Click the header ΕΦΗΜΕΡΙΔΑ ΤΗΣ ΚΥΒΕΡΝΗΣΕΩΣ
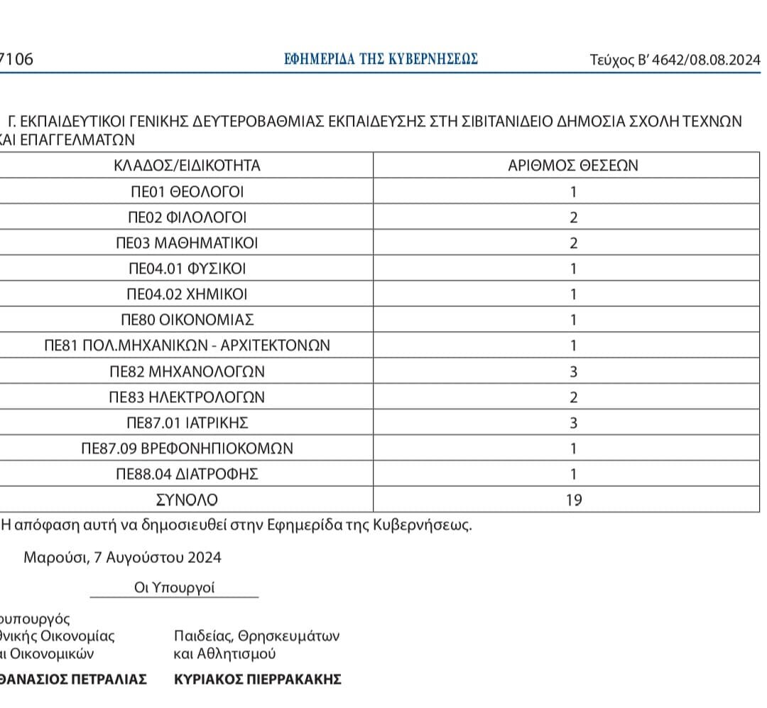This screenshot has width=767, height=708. [381, 59]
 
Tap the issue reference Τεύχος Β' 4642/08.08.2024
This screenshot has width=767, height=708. [675, 60]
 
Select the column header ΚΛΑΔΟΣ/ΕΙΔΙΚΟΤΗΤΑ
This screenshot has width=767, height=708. [187, 166]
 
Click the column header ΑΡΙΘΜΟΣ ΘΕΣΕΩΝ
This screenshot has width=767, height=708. [573, 166]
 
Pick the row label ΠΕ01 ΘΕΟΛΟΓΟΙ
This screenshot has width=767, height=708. [187, 192]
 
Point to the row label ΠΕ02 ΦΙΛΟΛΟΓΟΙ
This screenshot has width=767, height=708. [187, 218]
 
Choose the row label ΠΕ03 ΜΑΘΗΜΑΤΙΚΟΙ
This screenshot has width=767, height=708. [187, 243]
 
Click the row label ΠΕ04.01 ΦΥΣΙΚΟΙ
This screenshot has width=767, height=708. [187, 269]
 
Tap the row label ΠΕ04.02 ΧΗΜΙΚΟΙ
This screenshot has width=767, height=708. [187, 294]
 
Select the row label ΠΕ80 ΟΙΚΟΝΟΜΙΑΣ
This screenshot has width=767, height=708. [187, 320]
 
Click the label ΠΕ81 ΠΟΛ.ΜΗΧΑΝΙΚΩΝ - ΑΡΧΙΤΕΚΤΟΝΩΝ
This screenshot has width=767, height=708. [187, 346]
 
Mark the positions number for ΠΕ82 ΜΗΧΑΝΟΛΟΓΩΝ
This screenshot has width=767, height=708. [574, 372]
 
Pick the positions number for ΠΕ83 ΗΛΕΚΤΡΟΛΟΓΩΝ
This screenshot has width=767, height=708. [574, 397]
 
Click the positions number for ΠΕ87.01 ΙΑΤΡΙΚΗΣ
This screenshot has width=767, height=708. [574, 423]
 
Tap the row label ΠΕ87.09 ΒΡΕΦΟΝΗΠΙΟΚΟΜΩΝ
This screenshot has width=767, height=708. [187, 449]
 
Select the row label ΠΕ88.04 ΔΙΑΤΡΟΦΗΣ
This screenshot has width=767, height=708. [187, 474]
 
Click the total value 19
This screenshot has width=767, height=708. [574, 500]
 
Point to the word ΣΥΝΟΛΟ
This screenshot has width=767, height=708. [187, 500]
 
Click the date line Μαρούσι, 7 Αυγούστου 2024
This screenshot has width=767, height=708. [123, 557]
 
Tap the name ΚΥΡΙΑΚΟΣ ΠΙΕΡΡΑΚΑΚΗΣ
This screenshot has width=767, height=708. [258, 679]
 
